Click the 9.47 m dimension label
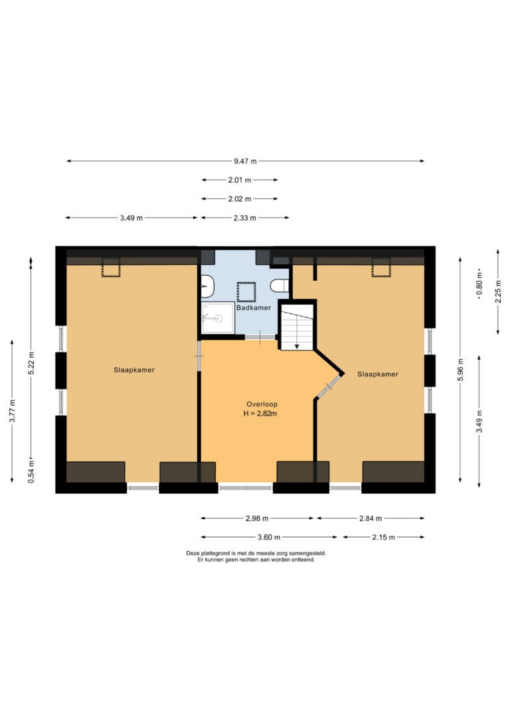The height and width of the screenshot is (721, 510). (x=245, y=161)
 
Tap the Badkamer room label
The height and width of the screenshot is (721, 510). (x=254, y=307)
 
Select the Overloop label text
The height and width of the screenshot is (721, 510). (x=262, y=404)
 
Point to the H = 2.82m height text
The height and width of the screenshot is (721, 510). (x=260, y=414)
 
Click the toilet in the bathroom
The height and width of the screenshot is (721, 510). (x=280, y=285)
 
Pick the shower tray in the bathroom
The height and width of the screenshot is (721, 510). (x=218, y=317)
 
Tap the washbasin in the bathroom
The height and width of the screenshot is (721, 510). (x=207, y=286)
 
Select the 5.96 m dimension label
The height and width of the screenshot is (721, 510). (x=460, y=370)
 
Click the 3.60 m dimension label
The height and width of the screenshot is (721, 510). (x=268, y=537)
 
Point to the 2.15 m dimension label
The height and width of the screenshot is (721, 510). (x=383, y=537)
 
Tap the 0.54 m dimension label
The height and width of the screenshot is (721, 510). (x=31, y=471)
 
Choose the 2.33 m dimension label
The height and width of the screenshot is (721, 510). (x=244, y=218)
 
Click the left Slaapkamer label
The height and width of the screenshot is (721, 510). (x=134, y=370)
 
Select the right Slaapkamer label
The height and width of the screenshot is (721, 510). (x=378, y=374)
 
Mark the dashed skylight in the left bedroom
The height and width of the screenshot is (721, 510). (x=111, y=268)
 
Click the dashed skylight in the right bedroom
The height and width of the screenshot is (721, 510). (x=381, y=268)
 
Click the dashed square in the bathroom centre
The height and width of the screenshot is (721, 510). (x=246, y=292)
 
